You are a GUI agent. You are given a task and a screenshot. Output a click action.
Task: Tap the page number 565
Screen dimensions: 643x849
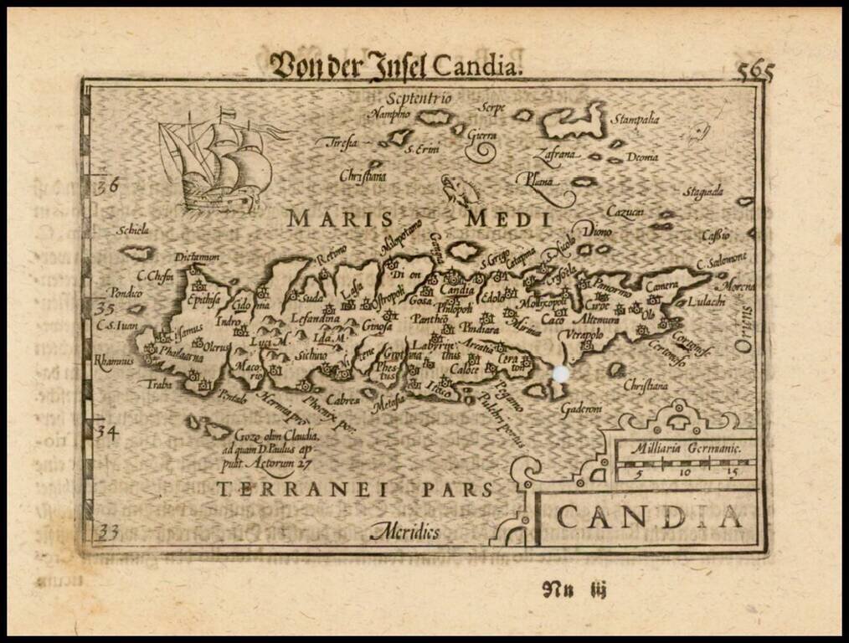pos(755,71)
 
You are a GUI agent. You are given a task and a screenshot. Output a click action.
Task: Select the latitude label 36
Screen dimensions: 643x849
pos(107,186)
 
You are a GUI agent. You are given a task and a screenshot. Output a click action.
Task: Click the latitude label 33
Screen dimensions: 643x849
pos(107,532)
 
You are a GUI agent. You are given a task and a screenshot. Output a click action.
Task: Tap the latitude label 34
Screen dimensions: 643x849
pos(104,432)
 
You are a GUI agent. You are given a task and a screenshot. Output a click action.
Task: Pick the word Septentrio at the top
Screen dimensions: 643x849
pos(419,99)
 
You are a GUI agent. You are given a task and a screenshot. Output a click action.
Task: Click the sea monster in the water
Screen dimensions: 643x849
pos(460,190)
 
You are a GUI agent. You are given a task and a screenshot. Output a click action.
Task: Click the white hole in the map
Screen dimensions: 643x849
pos(560,373)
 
